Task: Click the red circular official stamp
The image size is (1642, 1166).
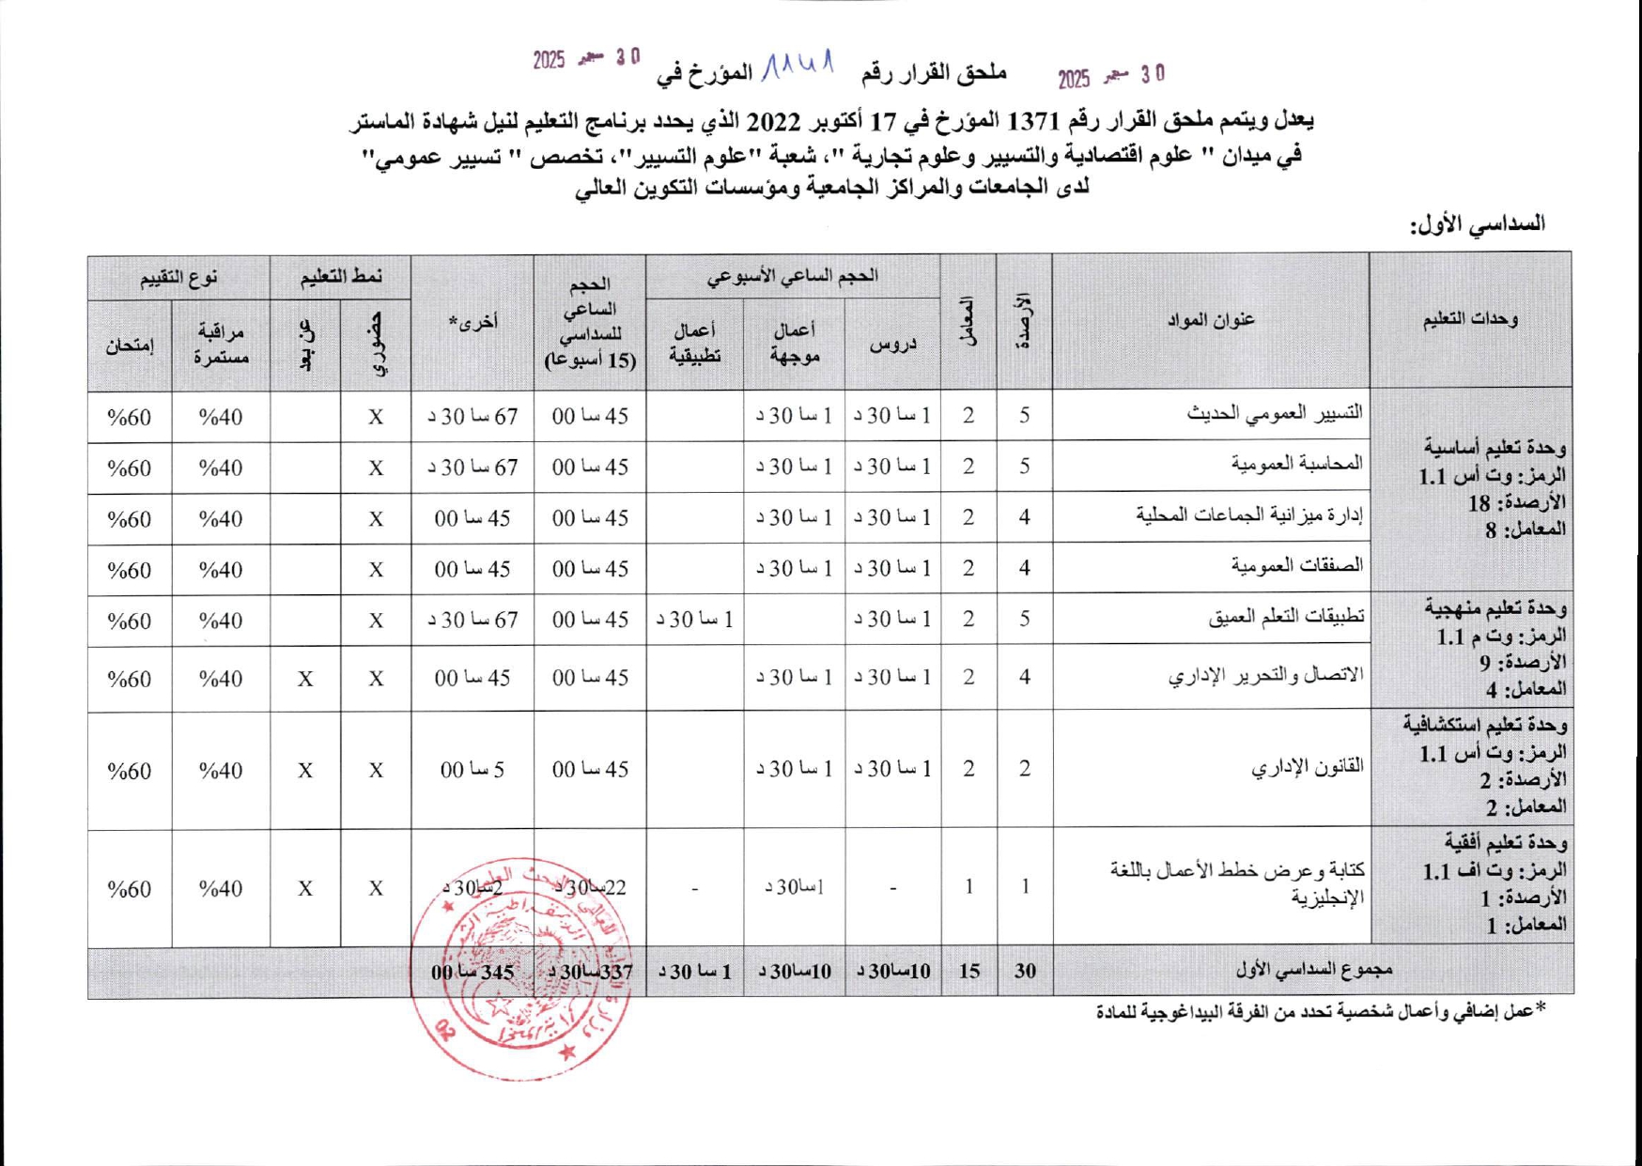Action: pos(521,967)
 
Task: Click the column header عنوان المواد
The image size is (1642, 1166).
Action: pos(1211,320)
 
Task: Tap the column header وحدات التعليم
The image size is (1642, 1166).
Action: pos(1470,319)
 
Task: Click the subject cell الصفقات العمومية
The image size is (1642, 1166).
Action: pos(1297,567)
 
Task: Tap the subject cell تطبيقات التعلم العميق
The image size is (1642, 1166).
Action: pos(1287,618)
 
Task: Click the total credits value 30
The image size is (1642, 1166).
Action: pos(1024,971)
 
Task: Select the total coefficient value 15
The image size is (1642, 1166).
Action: pos(968,971)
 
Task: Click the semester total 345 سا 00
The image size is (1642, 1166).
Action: pos(472,972)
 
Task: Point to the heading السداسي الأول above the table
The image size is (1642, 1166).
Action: pos(1477,224)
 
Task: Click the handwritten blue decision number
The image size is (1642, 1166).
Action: pos(798,66)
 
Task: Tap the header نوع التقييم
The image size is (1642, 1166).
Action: pos(178,277)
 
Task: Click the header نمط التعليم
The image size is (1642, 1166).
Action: pos(340,277)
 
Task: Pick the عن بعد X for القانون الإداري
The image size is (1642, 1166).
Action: pos(305,771)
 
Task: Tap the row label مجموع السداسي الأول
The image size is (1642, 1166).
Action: pos(1313,970)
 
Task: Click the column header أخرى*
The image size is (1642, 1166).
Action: pos(472,322)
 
